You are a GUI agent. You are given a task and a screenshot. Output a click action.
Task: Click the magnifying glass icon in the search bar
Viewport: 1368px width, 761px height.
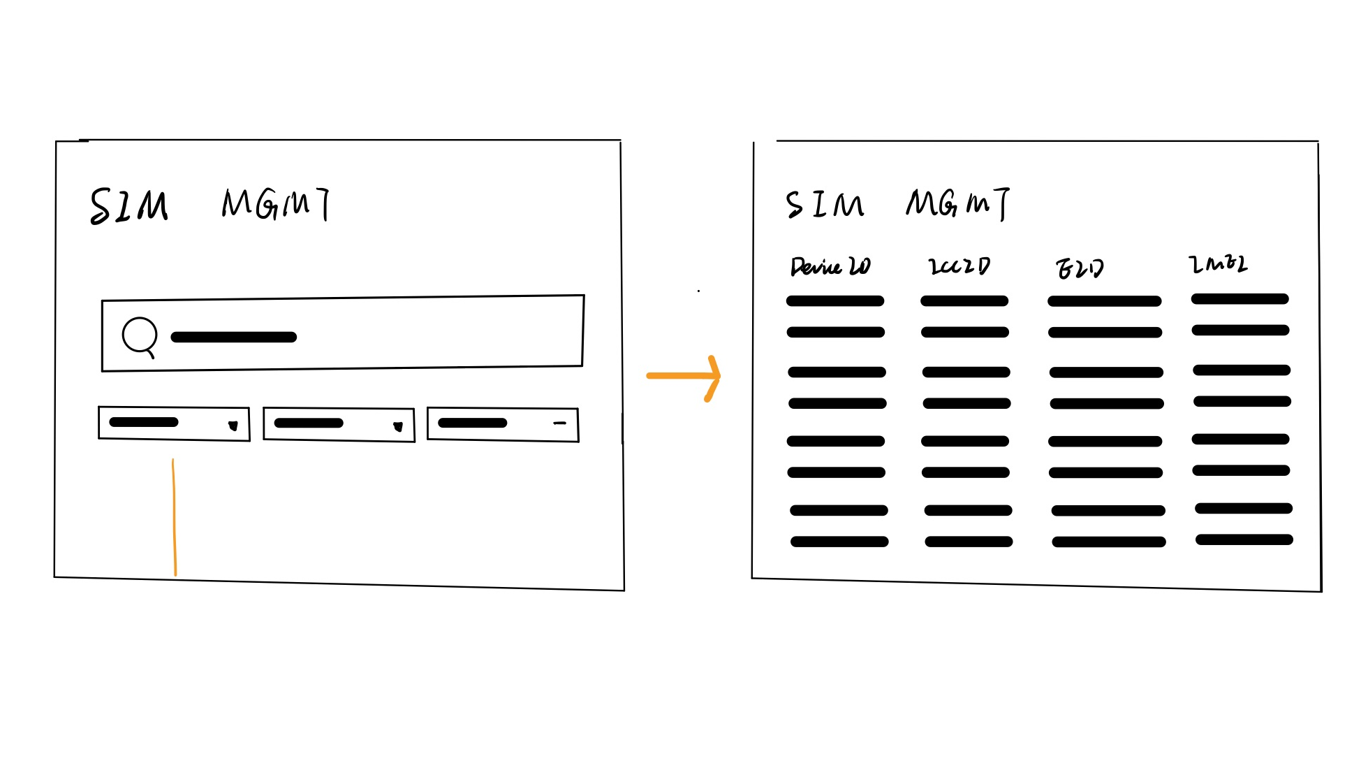click(140, 336)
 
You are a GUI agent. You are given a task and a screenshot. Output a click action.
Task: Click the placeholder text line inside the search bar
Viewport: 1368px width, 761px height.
click(233, 338)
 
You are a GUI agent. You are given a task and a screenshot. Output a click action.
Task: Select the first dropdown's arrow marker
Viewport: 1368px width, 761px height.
click(233, 426)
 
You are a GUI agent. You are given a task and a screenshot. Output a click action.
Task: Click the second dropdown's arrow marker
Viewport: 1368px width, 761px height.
click(398, 426)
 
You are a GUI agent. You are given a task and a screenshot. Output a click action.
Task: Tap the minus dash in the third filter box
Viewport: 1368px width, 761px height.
click(559, 423)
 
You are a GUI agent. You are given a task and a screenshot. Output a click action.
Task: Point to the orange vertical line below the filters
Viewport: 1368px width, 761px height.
click(174, 517)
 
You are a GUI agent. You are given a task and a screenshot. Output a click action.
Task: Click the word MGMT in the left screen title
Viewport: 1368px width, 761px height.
click(276, 203)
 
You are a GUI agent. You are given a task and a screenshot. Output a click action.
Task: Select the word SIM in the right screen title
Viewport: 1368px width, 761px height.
click(825, 205)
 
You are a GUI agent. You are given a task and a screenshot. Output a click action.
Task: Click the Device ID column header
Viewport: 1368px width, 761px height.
click(830, 266)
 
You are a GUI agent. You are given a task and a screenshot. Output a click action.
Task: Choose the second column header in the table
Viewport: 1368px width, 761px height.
click(959, 266)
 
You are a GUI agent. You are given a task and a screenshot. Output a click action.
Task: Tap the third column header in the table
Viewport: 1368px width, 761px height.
click(1080, 268)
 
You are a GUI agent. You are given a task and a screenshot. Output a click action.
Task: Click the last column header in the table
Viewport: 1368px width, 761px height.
click(1218, 263)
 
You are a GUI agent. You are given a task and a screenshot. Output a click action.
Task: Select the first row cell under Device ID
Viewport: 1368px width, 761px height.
click(835, 301)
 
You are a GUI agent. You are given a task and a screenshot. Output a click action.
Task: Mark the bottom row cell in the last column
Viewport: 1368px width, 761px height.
click(1244, 539)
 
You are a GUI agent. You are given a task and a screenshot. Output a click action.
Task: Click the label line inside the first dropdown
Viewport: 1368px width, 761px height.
click(144, 422)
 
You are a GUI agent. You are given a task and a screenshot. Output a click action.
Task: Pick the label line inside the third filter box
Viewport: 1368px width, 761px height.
click(473, 423)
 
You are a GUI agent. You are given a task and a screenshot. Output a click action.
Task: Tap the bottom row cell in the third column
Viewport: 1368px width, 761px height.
click(1109, 542)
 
